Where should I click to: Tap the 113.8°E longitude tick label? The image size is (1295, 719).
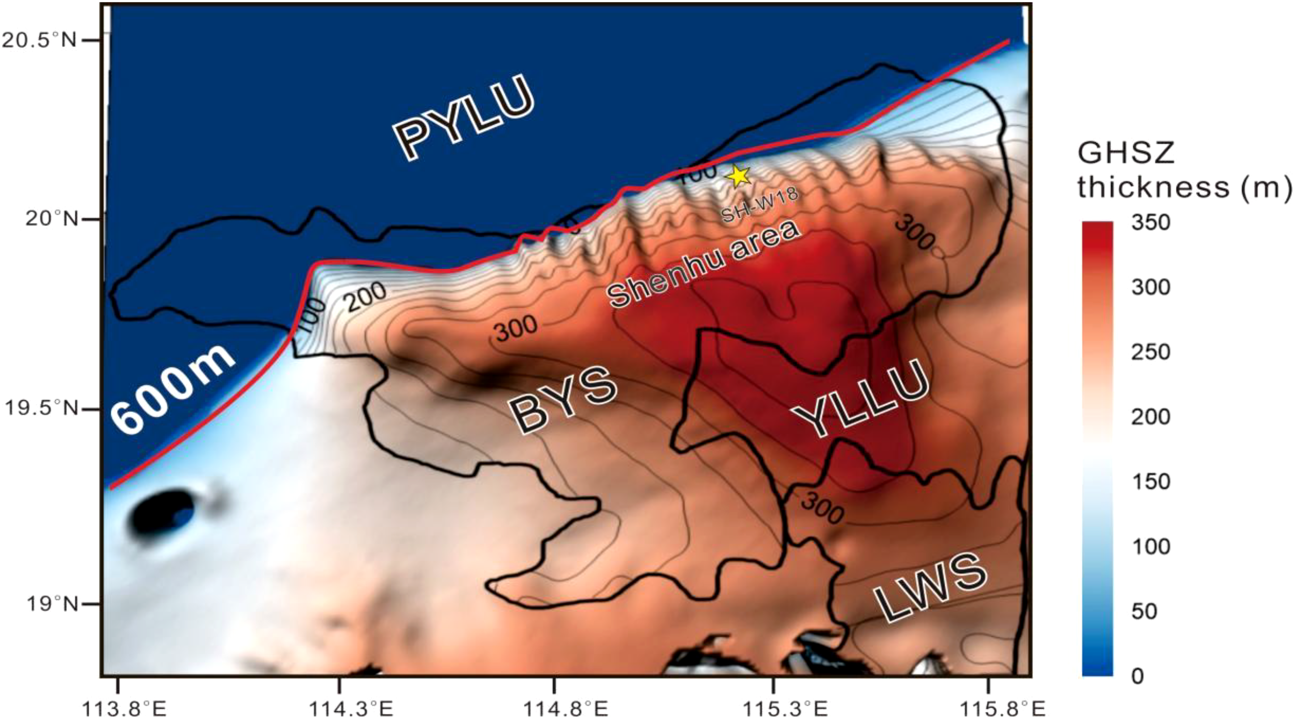[x=119, y=709]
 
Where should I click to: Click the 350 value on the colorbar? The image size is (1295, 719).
[x=1150, y=223]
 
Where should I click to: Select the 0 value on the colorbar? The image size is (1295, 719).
[x=1137, y=676]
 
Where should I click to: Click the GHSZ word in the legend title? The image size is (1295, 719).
[x=1125, y=153]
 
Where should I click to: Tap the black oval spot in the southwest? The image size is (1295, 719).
[x=162, y=512]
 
